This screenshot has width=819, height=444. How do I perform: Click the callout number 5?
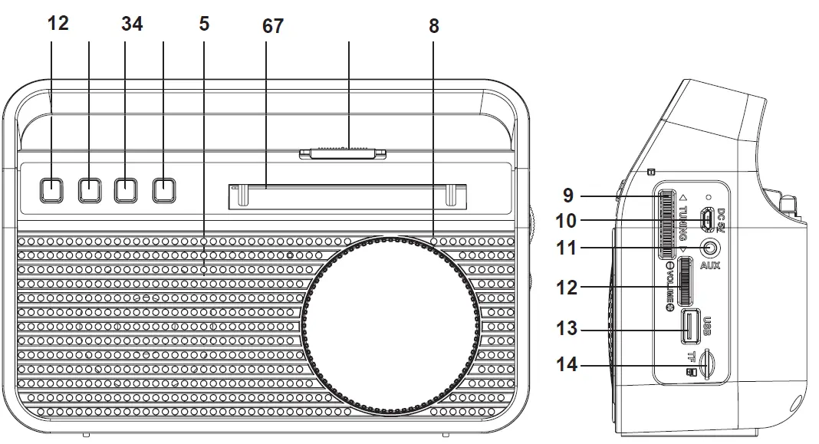point(204,23)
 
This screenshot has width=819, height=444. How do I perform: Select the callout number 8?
point(434,26)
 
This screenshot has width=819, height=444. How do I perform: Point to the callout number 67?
point(272,26)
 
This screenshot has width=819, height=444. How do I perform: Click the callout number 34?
point(132,23)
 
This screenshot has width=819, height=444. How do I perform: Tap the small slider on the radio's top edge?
point(343,153)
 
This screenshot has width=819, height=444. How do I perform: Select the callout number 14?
point(568,365)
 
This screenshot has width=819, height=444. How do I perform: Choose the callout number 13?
point(568,330)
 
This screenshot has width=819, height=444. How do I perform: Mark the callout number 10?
point(568,221)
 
